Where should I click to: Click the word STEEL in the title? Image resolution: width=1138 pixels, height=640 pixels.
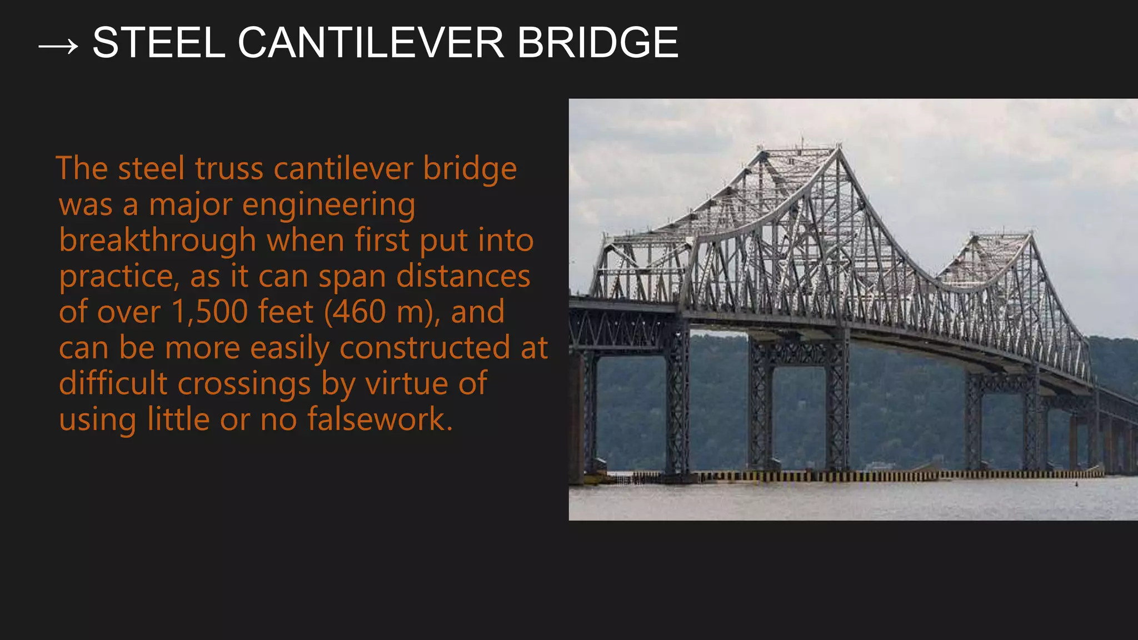tap(159, 43)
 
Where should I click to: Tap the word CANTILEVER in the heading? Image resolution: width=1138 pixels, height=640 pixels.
tap(371, 43)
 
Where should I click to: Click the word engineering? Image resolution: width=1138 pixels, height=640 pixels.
tap(328, 205)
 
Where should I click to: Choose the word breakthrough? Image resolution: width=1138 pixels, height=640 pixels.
tap(157, 241)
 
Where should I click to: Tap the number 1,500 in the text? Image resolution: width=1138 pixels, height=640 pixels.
tap(209, 312)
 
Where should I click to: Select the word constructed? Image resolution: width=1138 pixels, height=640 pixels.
tap(425, 348)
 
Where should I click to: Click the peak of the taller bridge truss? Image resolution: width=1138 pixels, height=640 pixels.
tap(837, 148)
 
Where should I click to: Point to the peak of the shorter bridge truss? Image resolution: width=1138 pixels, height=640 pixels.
tap(1031, 233)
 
